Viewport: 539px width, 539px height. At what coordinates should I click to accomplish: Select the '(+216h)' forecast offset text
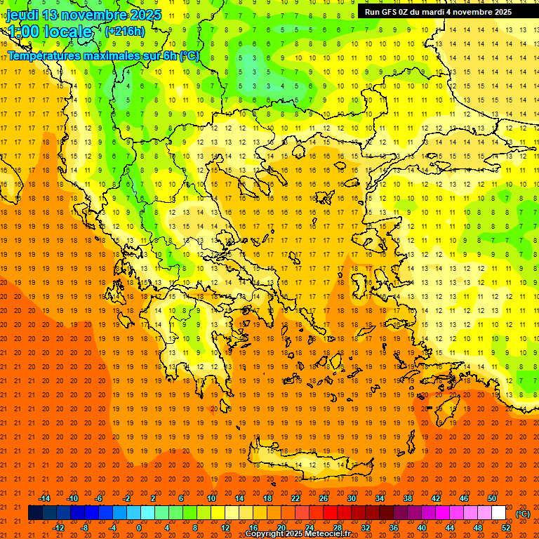pyautogui.click(x=124, y=32)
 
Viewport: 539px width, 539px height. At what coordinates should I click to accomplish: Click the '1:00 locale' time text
pyautogui.click(x=50, y=32)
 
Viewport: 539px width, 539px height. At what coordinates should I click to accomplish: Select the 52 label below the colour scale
pyautogui.click(x=506, y=528)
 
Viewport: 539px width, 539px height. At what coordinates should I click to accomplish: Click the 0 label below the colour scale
pyautogui.click(x=138, y=528)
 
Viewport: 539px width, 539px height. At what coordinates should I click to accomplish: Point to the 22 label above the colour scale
pyautogui.click(x=295, y=498)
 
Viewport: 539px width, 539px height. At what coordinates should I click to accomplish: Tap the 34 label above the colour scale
pyautogui.click(x=379, y=498)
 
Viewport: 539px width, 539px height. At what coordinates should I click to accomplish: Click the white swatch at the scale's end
pyautogui.click(x=498, y=513)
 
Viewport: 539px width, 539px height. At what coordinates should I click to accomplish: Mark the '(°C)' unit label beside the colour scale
pyautogui.click(x=523, y=514)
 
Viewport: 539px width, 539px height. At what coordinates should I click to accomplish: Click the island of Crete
pyautogui.click(x=309, y=465)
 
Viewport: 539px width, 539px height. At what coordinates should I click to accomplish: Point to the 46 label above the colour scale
pyautogui.click(x=463, y=498)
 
